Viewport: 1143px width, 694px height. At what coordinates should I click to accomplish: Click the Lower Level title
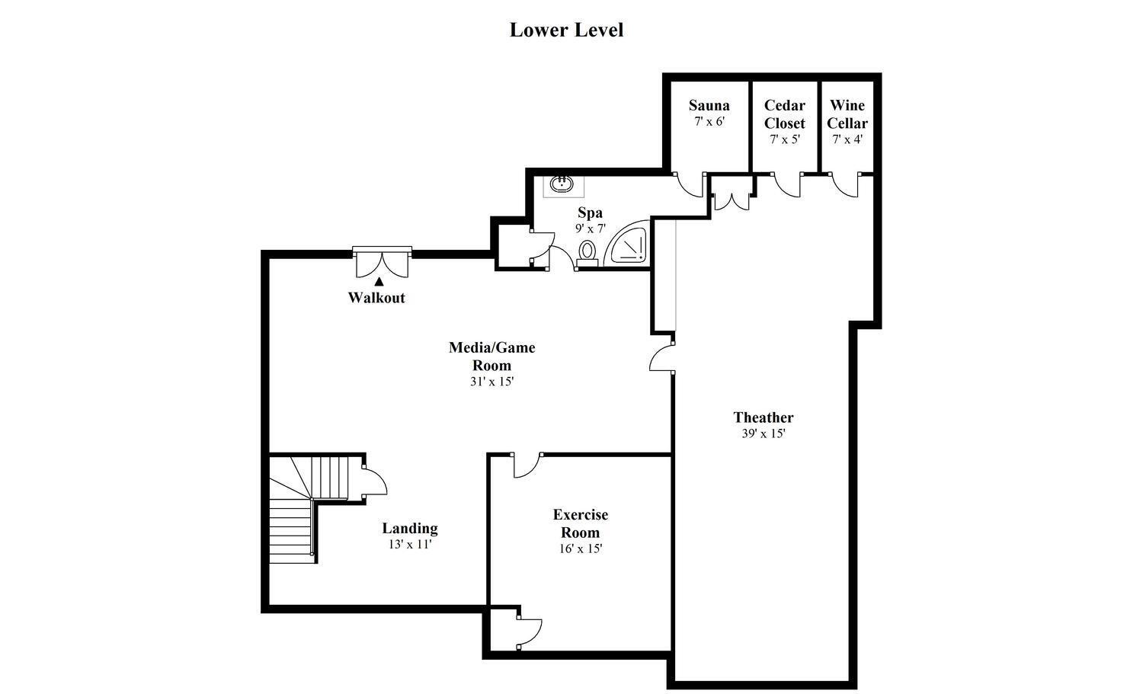point(566,30)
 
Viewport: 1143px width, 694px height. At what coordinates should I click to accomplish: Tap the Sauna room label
point(709,105)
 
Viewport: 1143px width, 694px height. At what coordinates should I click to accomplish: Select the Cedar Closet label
point(784,114)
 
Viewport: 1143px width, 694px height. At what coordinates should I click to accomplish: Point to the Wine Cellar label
point(847,114)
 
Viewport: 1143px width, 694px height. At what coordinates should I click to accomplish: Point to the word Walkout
point(376,298)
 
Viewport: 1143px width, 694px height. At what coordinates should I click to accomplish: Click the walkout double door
point(382,261)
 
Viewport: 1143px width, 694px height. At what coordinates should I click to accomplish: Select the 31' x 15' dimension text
point(491,382)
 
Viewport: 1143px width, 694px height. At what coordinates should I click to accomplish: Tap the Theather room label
point(764,417)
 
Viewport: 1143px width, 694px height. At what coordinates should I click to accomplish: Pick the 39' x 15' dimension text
point(764,433)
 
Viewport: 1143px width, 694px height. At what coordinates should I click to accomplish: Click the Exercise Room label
point(581,523)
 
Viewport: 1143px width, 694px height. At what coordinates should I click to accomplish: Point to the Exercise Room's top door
point(527,465)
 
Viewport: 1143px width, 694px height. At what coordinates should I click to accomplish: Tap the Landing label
point(410,528)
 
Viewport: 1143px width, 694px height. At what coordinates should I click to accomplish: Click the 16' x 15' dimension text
point(581,548)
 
